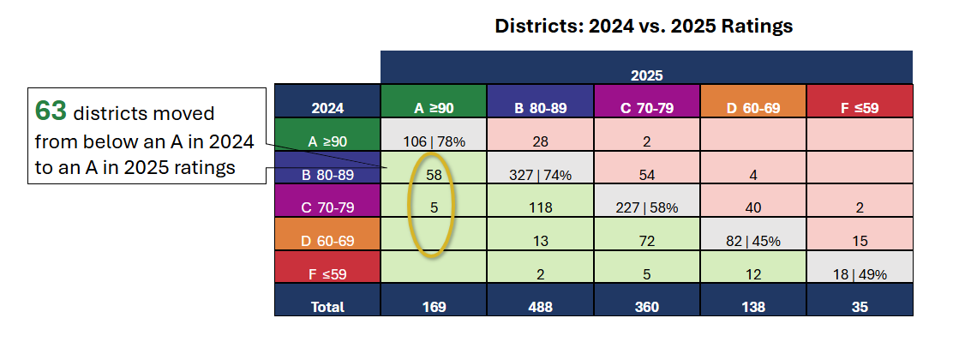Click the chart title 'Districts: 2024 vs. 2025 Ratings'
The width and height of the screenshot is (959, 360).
(x=644, y=27)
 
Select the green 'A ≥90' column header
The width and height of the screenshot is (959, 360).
(x=434, y=108)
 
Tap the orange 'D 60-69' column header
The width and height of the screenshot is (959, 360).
(x=753, y=108)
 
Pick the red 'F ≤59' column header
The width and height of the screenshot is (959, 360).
(x=860, y=108)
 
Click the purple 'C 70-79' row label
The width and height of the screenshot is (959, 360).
(x=327, y=207)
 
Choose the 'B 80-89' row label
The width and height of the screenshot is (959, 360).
(x=327, y=175)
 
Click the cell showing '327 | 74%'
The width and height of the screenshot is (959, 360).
(x=541, y=174)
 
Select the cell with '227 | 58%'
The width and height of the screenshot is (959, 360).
(x=647, y=207)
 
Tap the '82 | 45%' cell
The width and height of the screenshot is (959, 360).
(x=753, y=241)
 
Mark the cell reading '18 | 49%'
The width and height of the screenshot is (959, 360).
(x=860, y=273)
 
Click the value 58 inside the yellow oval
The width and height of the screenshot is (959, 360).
(x=434, y=174)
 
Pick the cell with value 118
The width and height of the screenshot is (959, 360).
(x=541, y=207)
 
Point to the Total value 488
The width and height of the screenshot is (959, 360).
(x=541, y=306)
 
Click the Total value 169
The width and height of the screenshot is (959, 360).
(x=434, y=306)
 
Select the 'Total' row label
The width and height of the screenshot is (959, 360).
(x=327, y=306)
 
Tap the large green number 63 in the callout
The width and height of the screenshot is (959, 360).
(x=51, y=111)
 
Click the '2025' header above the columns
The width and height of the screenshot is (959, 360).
(x=647, y=75)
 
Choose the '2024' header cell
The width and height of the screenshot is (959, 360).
(x=327, y=108)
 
